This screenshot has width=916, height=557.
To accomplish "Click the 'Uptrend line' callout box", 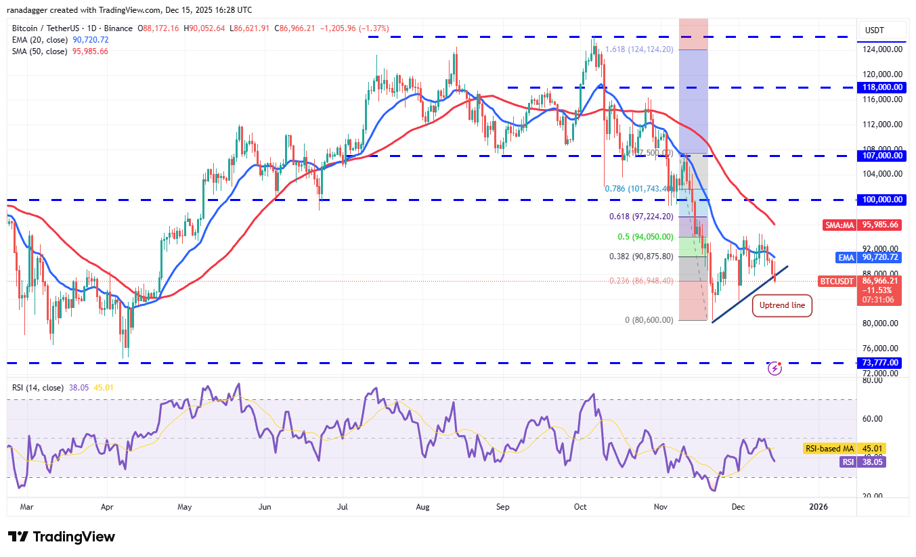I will pyautogui.click(x=782, y=305).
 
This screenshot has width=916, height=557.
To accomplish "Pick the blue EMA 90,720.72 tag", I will pyautogui.click(x=869, y=257).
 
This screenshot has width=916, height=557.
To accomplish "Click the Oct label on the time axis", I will pyautogui.click(x=580, y=506).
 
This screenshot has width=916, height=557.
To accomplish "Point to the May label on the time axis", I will pyautogui.click(x=185, y=506).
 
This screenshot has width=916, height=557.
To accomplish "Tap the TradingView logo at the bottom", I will pyautogui.click(x=62, y=537).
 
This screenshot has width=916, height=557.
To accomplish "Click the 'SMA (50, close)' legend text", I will pyautogui.click(x=40, y=51).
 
